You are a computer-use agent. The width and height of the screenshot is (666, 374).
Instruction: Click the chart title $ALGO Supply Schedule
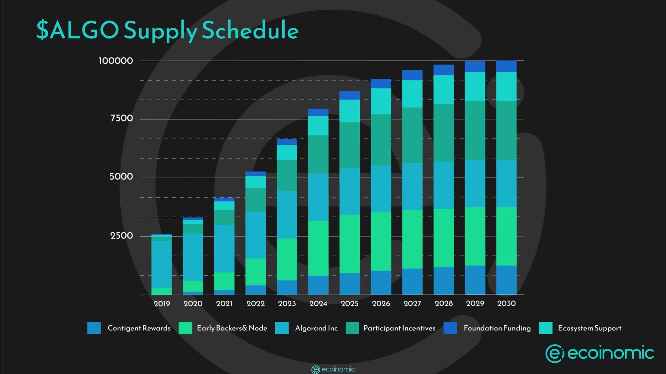[x=167, y=30]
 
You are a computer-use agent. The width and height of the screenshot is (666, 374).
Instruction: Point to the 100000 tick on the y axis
[x=116, y=61]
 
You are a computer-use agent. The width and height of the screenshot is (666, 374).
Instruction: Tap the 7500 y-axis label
[x=122, y=118]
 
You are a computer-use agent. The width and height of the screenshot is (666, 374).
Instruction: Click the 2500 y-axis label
[x=122, y=236]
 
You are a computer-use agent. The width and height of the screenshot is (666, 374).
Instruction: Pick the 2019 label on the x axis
[x=162, y=303]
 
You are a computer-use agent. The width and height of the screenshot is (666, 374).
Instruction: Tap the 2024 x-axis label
[x=318, y=303]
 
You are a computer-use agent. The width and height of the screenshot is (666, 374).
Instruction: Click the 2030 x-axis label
[x=506, y=303]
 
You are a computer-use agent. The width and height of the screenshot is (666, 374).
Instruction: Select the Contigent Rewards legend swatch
[x=94, y=328]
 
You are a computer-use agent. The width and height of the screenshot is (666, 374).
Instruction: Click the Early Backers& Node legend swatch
[x=185, y=328]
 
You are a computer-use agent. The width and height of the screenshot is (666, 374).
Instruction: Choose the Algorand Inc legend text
[x=316, y=328]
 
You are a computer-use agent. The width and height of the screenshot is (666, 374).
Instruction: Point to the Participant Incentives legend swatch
[x=353, y=328]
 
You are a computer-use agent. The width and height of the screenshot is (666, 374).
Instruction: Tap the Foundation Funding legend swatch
[x=450, y=328]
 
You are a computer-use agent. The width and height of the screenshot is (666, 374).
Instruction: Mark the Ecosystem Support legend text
[x=590, y=328]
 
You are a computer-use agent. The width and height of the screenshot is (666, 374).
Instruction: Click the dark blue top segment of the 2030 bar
[x=506, y=66]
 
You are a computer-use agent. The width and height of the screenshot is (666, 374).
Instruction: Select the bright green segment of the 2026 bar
[x=381, y=241]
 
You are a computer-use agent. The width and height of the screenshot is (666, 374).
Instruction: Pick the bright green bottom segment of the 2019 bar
[x=162, y=291]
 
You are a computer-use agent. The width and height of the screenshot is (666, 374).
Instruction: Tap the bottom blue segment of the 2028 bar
[x=444, y=281]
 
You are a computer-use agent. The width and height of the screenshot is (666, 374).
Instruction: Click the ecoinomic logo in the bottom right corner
[x=599, y=353]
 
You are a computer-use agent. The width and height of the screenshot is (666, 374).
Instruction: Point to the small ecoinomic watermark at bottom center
[x=333, y=369]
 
